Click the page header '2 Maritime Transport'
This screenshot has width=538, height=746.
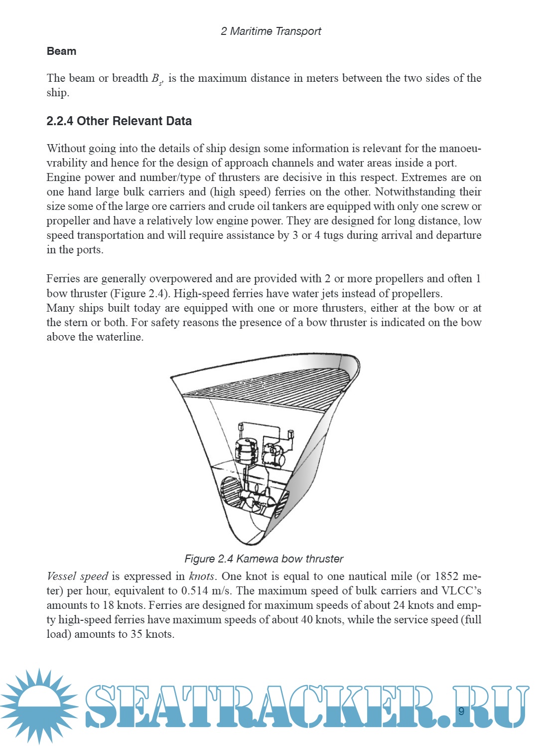click(270, 31)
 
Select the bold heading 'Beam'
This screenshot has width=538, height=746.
click(61, 51)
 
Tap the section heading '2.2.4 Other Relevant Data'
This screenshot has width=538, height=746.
click(119, 121)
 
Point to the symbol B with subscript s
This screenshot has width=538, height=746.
click(157, 79)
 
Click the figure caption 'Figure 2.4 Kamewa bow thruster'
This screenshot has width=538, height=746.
click(264, 559)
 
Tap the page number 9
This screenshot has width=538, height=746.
click(461, 711)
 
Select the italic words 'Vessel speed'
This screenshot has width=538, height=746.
click(77, 576)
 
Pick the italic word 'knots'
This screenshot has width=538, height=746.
click(202, 576)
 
